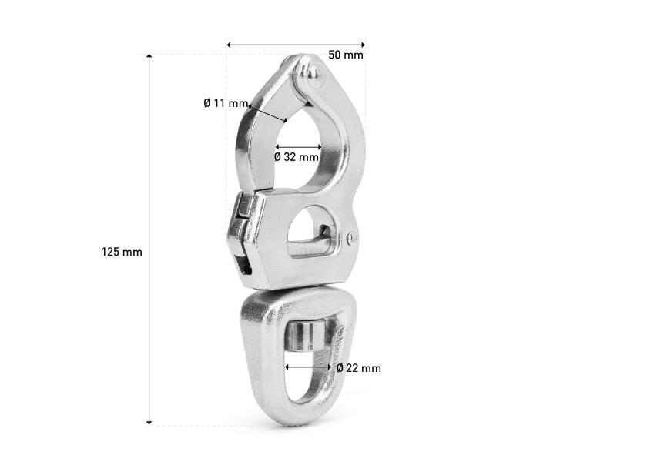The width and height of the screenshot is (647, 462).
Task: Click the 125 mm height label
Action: [x=122, y=252]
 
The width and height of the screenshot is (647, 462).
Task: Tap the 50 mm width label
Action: [x=346, y=55]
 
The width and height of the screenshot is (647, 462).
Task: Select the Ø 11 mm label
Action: [x=226, y=102]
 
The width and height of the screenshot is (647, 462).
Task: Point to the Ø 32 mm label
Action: [x=297, y=157]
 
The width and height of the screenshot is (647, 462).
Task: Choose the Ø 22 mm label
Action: [x=359, y=368]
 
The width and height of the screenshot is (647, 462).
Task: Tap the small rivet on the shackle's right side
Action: [x=353, y=239]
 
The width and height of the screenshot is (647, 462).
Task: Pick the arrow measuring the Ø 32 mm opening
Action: [x=298, y=146]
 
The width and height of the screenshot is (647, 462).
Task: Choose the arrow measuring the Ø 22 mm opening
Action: [x=309, y=367]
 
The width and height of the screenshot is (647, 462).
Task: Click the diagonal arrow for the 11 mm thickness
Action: [x=268, y=112]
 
